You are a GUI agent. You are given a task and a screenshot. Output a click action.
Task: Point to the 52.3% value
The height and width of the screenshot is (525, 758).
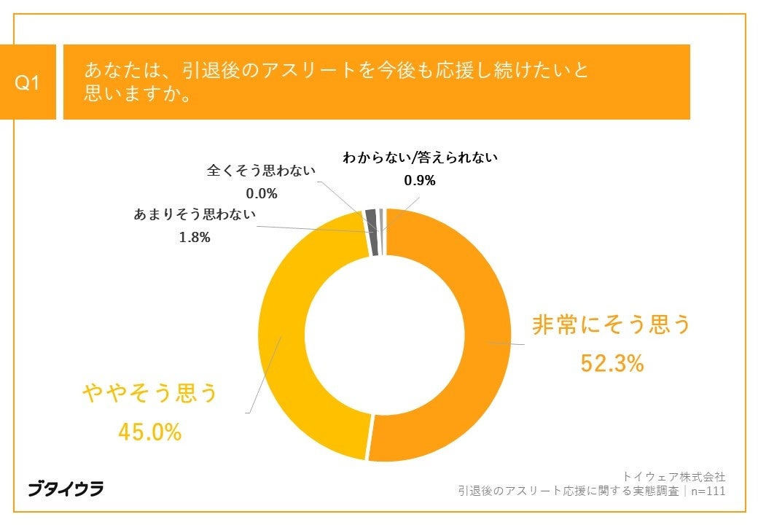(612, 362)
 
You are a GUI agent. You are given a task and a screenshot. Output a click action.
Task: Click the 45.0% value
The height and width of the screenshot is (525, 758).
(149, 432)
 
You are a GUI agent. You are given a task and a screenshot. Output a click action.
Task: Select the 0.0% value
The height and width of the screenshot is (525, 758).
(262, 193)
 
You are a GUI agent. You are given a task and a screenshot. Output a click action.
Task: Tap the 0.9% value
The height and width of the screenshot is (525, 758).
(420, 181)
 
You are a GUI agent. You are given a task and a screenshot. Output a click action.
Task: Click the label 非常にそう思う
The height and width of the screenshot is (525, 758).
(611, 325)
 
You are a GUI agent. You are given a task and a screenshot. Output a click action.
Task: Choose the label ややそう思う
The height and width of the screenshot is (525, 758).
(150, 394)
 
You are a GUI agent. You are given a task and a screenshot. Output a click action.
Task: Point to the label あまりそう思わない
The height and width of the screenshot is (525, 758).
(195, 215)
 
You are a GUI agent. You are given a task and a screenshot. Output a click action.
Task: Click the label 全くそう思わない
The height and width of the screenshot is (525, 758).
(262, 171)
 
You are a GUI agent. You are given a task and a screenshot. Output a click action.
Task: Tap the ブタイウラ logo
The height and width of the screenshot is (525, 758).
(66, 489)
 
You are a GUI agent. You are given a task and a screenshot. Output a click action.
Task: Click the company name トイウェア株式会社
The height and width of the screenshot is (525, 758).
(673, 475)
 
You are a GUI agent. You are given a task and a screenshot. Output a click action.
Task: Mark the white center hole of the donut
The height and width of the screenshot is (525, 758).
(384, 335)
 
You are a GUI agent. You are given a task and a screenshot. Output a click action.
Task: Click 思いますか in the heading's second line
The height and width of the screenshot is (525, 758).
(131, 95)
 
